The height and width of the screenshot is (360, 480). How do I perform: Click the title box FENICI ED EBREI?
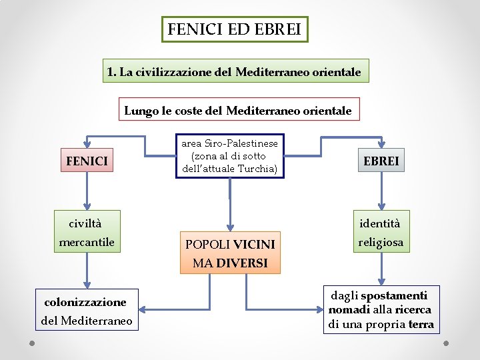[x=235, y=29]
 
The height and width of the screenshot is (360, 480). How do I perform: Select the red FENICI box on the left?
[x=87, y=161]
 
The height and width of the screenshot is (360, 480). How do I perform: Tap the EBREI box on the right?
[x=381, y=161]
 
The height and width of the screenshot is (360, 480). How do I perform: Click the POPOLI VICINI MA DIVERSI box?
[x=230, y=253]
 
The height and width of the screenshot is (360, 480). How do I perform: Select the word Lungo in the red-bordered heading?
[x=141, y=111]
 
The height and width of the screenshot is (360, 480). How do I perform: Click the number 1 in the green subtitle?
[x=111, y=71]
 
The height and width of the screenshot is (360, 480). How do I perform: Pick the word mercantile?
[x=87, y=242]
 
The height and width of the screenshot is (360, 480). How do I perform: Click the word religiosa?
[x=381, y=243]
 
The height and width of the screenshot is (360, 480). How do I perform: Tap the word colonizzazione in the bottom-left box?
[x=85, y=302]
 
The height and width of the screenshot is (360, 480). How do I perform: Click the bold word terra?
[x=421, y=325]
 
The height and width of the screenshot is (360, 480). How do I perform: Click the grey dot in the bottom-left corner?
[x=31, y=344]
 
